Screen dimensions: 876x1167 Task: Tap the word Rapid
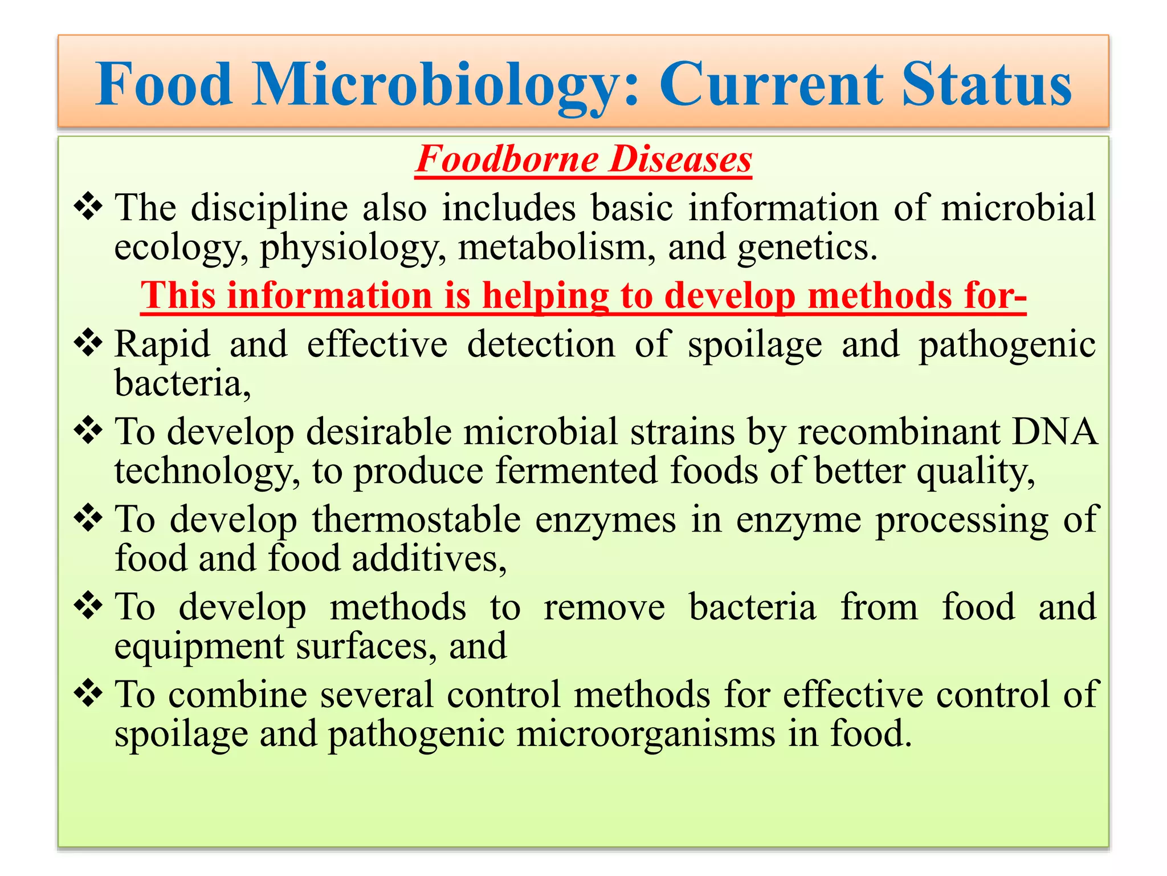162,344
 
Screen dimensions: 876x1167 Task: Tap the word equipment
199,647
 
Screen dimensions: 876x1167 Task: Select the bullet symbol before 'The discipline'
88,206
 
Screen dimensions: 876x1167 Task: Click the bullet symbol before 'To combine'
88,693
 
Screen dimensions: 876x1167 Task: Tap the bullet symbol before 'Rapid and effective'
88,343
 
